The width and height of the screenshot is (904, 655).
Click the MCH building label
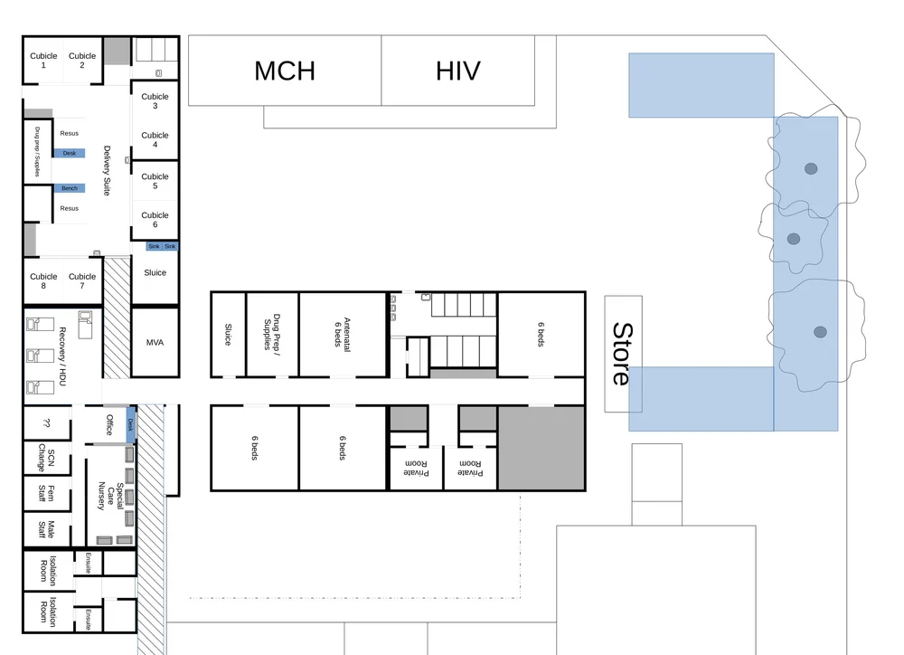coord(285,71)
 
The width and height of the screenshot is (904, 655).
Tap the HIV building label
coord(457,71)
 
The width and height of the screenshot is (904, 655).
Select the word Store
coord(621,354)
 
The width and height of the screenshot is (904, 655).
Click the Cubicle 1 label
coord(43,61)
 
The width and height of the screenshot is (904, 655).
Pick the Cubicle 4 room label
coord(155,140)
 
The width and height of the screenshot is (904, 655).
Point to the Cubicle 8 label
coord(43,281)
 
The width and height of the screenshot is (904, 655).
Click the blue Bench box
coord(70,188)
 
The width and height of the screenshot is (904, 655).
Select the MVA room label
coord(155,343)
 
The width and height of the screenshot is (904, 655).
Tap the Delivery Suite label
coord(107,171)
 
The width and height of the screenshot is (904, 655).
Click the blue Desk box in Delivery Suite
coord(70,153)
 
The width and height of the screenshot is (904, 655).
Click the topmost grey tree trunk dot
coord(811,168)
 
